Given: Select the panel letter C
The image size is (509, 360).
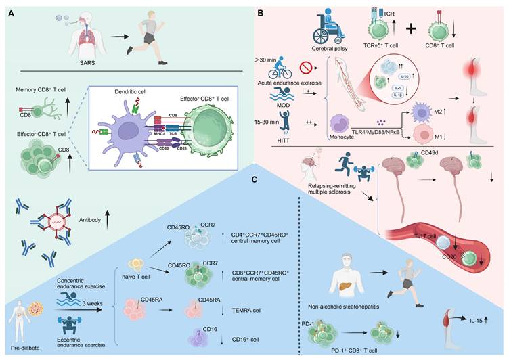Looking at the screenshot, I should coord(253,179).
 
